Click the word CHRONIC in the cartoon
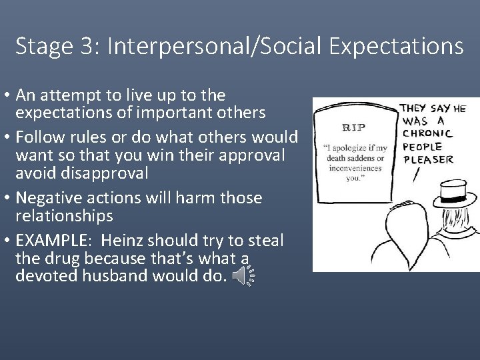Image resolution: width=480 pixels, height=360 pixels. click(x=428, y=134)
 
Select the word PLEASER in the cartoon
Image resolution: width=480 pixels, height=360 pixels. click(x=428, y=159)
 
